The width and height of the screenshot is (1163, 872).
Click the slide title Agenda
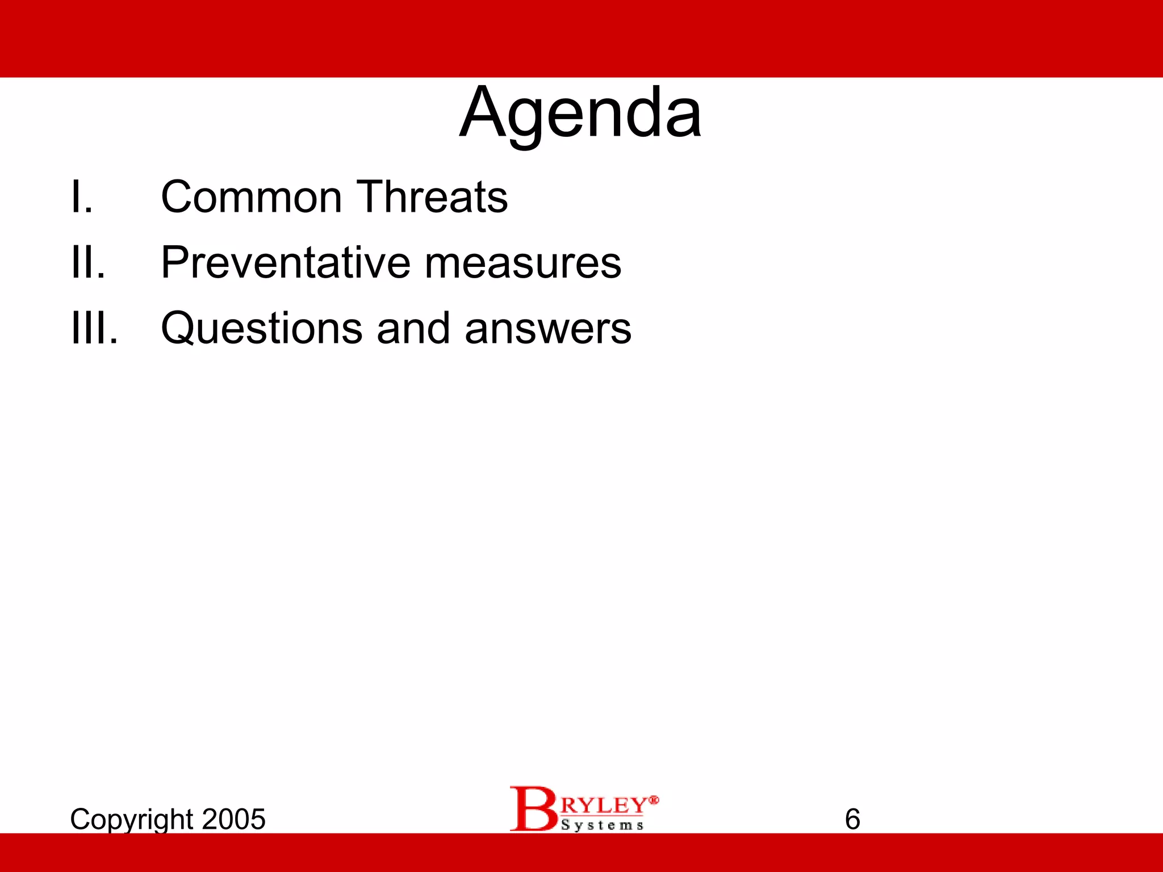[580, 114]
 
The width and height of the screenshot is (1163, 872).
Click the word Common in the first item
[251, 197]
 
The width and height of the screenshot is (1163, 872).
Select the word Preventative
[286, 263]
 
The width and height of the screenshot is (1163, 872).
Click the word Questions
[262, 329]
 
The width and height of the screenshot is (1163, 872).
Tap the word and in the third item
[413, 329]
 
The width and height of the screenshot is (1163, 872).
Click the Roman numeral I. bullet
[81, 197]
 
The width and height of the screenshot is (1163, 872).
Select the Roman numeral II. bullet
[88, 263]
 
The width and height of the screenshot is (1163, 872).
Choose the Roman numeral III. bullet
[94, 329]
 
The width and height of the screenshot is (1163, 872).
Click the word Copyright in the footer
[132, 820]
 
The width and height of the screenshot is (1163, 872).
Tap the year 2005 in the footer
[233, 819]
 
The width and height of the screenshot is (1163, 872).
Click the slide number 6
[852, 819]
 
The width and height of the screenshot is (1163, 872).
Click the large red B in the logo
[532, 808]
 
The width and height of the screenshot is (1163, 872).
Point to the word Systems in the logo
[602, 825]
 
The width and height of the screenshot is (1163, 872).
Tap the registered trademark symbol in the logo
[654, 800]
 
